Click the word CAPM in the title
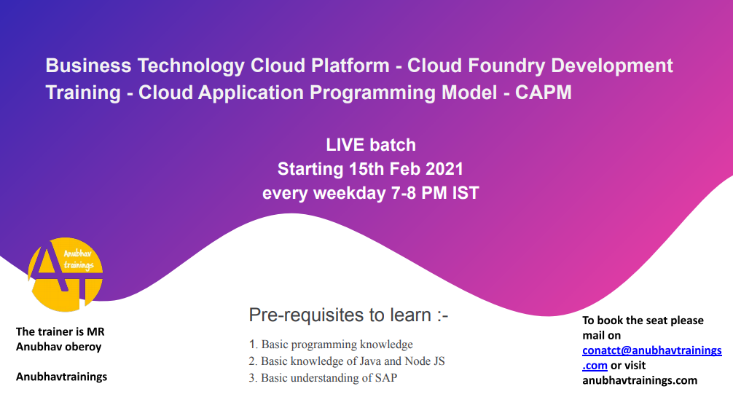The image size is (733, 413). pos(544,93)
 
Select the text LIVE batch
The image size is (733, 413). pos(371,145)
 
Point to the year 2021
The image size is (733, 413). pos(444,169)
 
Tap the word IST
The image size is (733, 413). pos(466,193)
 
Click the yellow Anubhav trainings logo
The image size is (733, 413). pos(66,275)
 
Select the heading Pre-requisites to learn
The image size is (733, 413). pos(348,315)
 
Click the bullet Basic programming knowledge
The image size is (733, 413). pos(337,345)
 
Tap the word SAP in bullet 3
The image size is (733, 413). pos(385,377)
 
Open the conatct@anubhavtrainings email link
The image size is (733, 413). pos(651,358)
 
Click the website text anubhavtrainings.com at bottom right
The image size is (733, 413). pos(640,380)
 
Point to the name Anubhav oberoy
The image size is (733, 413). pos(58,347)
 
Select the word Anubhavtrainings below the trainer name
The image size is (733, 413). pos(61,377)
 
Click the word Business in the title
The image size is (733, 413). pos(88,66)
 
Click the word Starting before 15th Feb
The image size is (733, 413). pos(310,169)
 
